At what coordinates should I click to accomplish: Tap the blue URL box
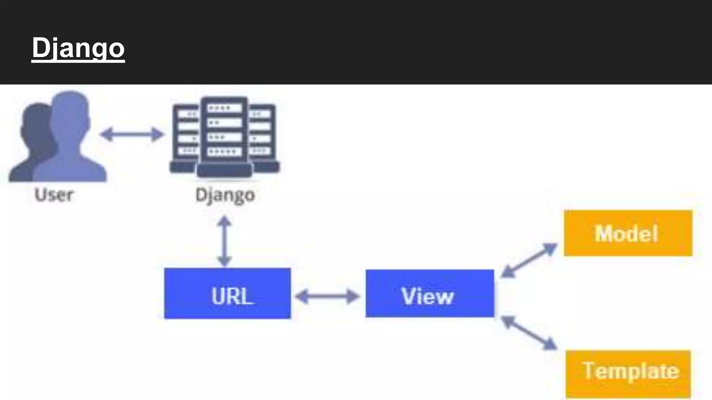(x=227, y=293)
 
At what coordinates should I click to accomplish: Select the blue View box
(x=430, y=293)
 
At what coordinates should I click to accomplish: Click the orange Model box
(x=628, y=233)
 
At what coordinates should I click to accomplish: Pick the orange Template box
(x=628, y=374)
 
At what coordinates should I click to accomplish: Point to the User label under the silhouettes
(x=54, y=195)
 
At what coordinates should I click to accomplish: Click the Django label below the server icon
(x=225, y=195)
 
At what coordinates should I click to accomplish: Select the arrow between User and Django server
(x=132, y=134)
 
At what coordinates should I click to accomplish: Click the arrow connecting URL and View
(x=327, y=297)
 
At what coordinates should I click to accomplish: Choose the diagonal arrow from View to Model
(x=529, y=260)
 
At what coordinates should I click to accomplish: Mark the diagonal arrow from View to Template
(x=529, y=333)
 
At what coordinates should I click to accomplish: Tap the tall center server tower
(x=224, y=135)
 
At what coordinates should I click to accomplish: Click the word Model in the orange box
(x=626, y=233)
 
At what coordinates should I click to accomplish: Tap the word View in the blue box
(x=428, y=296)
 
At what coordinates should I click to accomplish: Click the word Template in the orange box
(x=630, y=371)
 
